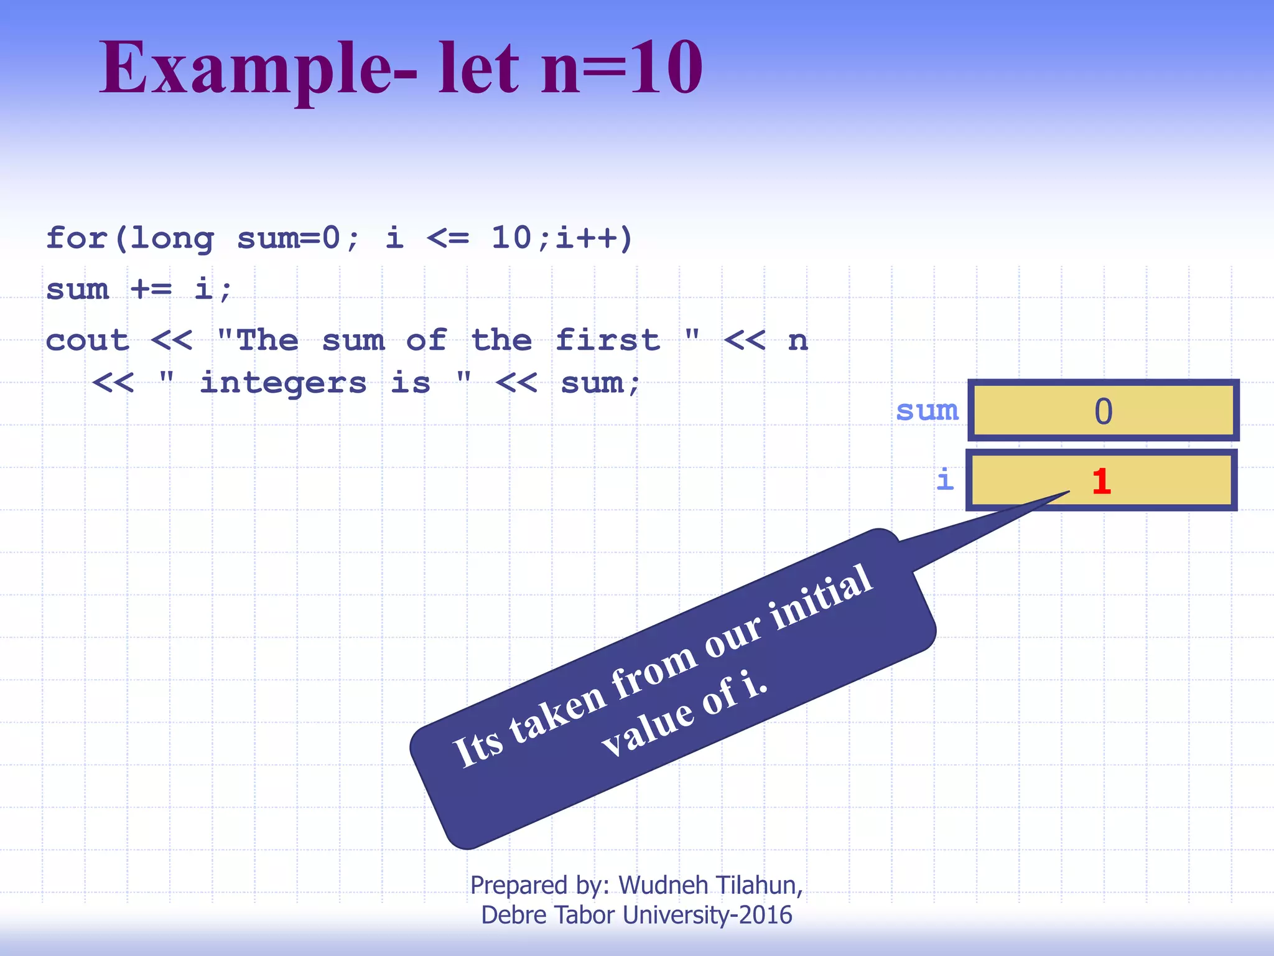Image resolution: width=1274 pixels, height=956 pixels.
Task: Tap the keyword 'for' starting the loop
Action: (77, 238)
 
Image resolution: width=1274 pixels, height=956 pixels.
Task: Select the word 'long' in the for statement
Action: (172, 239)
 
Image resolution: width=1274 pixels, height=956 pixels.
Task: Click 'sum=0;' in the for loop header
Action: (298, 238)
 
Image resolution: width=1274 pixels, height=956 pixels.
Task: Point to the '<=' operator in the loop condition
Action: (447, 238)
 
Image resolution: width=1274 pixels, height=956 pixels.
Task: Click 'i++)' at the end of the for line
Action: (594, 238)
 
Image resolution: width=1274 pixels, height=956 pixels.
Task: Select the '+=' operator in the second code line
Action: (151, 289)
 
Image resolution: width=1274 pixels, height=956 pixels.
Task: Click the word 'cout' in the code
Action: (88, 340)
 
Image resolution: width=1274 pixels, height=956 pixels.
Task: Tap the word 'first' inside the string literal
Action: (607, 340)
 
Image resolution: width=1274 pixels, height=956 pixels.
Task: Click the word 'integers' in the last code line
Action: (283, 383)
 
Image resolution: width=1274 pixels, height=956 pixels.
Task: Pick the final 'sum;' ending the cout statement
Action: (600, 383)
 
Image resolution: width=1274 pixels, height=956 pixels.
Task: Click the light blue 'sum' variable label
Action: (927, 411)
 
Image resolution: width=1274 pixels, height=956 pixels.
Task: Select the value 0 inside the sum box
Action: (1103, 411)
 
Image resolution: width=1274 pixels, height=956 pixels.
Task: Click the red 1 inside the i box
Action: (1101, 482)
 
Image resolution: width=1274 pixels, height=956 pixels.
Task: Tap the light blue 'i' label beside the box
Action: (945, 480)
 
